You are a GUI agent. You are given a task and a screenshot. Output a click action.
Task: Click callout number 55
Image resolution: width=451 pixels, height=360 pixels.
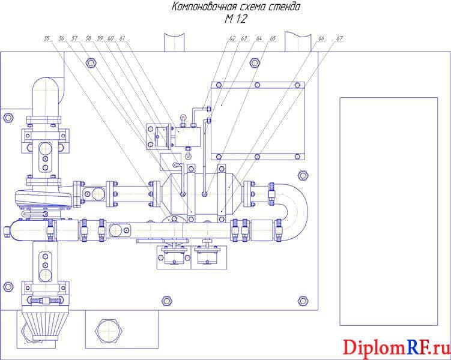(x=47, y=38)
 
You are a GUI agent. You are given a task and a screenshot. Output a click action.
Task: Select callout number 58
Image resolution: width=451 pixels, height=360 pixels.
(x=88, y=38)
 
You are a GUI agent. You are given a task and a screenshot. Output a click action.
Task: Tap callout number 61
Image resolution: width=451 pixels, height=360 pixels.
(x=123, y=38)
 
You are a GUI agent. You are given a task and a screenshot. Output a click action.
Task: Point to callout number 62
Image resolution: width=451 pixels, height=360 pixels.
(x=232, y=38)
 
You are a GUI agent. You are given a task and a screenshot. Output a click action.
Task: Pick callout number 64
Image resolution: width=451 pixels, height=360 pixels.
(x=259, y=38)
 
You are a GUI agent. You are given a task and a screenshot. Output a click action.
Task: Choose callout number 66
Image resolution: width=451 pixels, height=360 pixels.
(x=321, y=38)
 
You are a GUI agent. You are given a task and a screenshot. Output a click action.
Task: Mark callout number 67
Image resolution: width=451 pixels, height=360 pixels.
(x=339, y=38)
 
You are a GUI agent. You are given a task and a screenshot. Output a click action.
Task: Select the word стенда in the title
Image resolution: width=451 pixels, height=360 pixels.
(x=284, y=7)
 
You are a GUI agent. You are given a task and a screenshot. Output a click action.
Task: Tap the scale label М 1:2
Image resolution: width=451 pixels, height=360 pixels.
(x=236, y=19)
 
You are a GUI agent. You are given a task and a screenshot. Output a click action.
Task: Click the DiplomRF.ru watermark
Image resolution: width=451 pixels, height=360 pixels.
(x=396, y=347)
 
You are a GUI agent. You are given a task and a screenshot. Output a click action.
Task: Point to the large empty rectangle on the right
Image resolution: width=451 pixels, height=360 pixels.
(x=389, y=211)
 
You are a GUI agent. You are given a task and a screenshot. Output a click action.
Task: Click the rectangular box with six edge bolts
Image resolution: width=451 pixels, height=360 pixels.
(x=258, y=121)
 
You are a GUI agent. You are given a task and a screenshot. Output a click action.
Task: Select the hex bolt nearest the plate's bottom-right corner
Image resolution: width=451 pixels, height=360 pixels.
(x=303, y=301)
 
